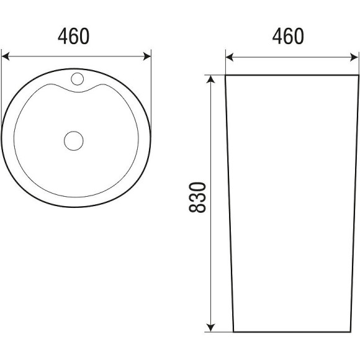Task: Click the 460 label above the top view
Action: coord(73,36)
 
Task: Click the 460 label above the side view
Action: coord(288,36)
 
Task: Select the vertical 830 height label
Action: coord(197,197)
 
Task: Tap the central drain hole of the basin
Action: coord(74,141)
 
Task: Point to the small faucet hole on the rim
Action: coord(78,79)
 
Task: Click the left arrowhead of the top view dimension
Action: coord(6,56)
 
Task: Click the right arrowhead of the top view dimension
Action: coord(147,56)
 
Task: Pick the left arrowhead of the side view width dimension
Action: coord(230,57)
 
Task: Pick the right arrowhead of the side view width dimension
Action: coord(354,57)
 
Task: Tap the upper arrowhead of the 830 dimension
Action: coord(211,79)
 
